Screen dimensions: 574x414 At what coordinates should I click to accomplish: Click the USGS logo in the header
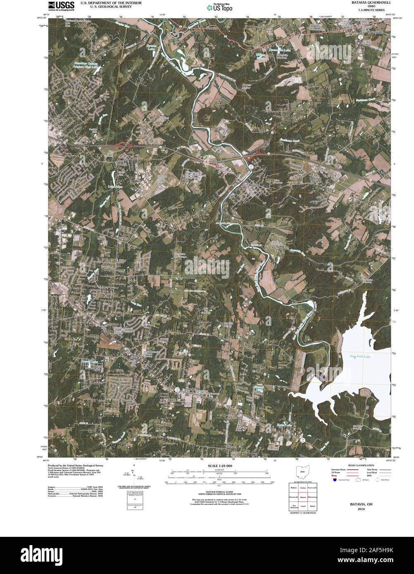coord(61,5)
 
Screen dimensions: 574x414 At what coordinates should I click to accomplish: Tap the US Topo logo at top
coord(219,8)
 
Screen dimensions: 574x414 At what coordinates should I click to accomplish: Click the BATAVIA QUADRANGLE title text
coord(371,2)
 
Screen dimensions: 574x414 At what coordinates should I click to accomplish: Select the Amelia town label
coord(136,355)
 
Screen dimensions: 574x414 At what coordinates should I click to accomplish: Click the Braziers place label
coord(123,238)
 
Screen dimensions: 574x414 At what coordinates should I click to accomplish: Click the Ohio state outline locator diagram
coord(302,472)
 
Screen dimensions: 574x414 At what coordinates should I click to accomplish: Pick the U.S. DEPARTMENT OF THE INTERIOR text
coord(111,3)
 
